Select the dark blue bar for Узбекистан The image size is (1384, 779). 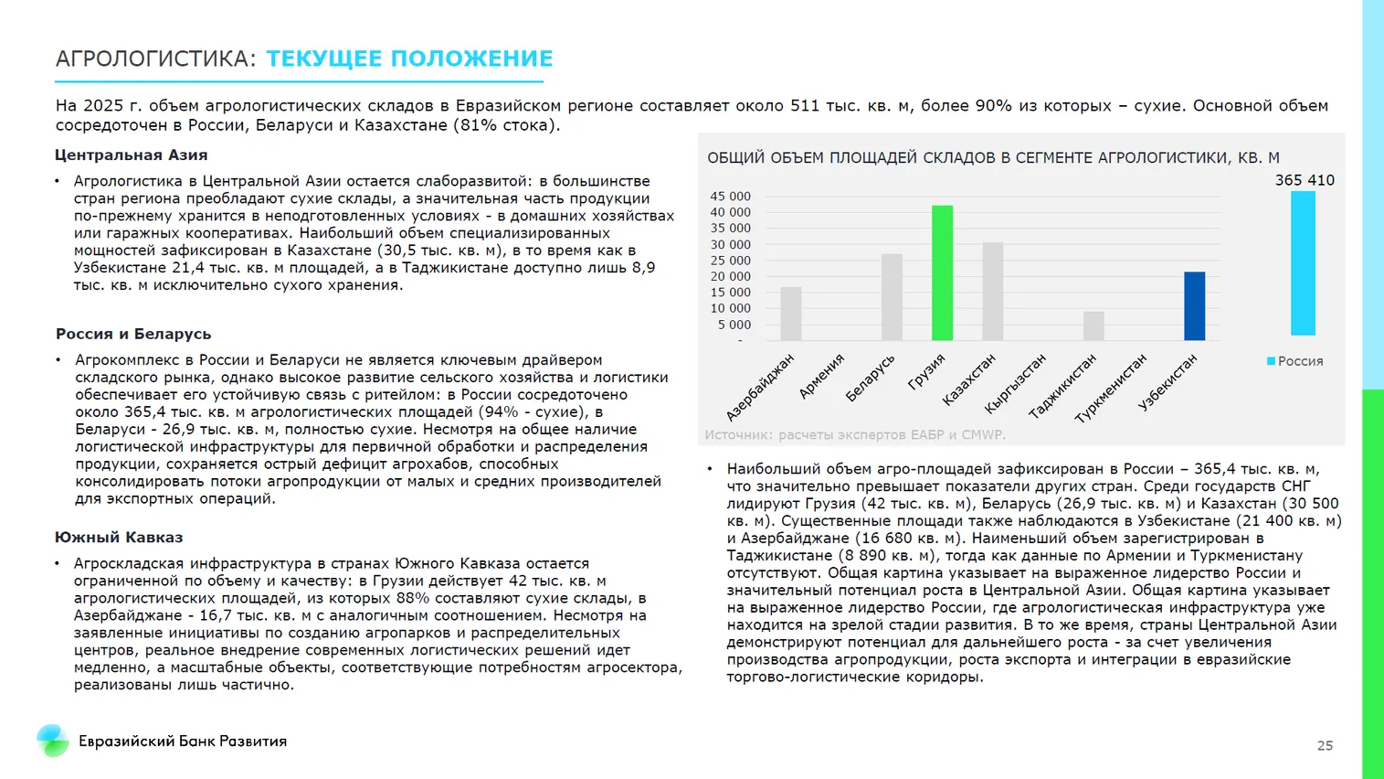click(1194, 306)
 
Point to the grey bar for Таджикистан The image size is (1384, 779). click(1093, 326)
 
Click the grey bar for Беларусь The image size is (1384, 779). click(892, 297)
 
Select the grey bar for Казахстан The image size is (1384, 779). click(993, 292)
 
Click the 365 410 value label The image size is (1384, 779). click(1305, 180)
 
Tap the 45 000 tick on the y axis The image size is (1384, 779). click(730, 197)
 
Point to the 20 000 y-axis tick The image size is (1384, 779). click(730, 276)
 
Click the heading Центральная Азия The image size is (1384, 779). click(132, 155)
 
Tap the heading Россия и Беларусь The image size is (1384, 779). click(133, 335)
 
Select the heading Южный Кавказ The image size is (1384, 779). click(119, 538)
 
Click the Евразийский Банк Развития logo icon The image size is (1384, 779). click(53, 741)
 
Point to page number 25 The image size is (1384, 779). click(1325, 746)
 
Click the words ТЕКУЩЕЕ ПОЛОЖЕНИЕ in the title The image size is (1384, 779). click(409, 59)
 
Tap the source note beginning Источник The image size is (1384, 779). click(854, 435)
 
